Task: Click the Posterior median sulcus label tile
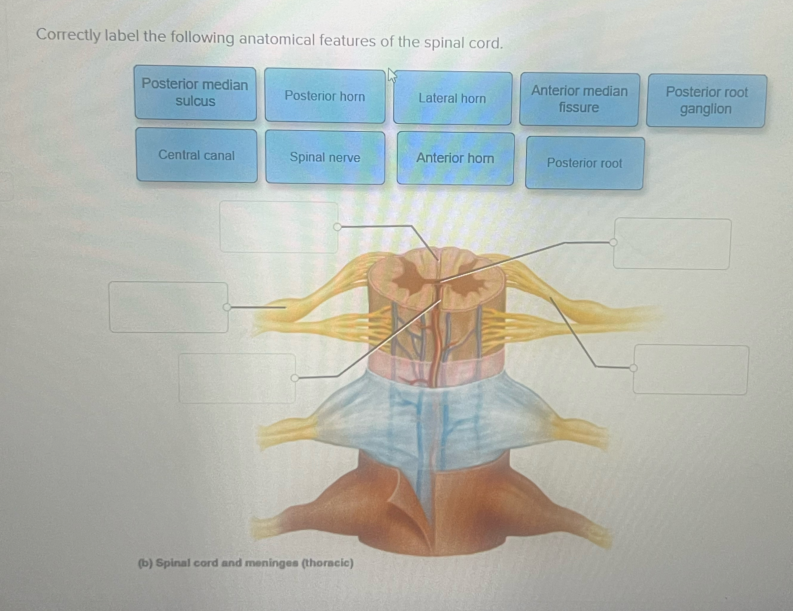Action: [x=195, y=93]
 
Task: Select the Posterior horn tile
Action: [x=325, y=96]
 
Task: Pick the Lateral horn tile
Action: [x=453, y=98]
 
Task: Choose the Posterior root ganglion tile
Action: [x=706, y=101]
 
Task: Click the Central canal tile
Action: [x=197, y=155]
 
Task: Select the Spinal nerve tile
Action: [x=325, y=157]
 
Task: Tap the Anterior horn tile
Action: [x=455, y=158]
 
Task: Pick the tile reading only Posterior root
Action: [x=585, y=163]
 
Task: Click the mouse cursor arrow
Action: [x=391, y=75]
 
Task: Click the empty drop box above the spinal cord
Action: [x=278, y=227]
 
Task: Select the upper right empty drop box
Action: [x=672, y=244]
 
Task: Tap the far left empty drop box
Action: [x=168, y=307]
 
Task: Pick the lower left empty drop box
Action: [x=237, y=378]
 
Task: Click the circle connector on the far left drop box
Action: [x=227, y=307]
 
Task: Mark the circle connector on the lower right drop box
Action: [x=633, y=368]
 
